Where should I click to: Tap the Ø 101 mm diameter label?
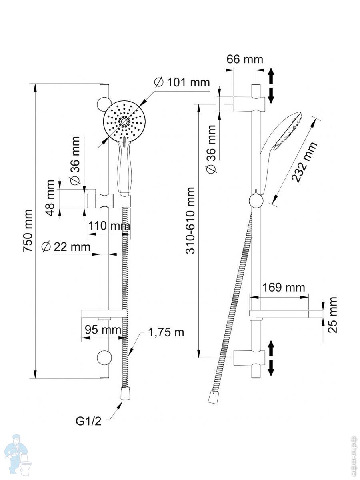182,82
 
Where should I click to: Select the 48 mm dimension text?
50,198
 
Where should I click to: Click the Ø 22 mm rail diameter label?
66,247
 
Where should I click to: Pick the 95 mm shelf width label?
103,330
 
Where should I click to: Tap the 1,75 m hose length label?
166,332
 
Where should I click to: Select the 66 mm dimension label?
245,59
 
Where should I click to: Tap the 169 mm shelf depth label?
284,287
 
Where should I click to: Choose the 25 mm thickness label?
333,314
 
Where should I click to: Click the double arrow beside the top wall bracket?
271,85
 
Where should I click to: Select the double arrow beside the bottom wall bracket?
271,358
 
